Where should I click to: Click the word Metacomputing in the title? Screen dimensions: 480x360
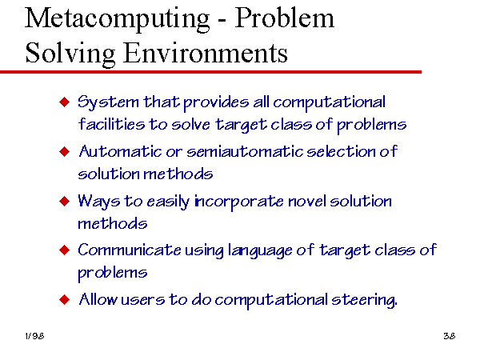[118, 19]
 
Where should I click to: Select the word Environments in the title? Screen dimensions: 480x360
[206, 53]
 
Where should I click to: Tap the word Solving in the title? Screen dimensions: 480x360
[70, 54]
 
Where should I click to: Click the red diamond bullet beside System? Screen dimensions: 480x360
[64, 102]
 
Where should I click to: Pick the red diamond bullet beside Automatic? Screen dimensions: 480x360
[64, 151]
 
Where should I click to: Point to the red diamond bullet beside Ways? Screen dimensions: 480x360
[64, 201]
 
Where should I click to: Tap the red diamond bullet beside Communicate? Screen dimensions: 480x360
[64, 250]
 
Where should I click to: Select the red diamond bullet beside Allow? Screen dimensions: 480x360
[64, 300]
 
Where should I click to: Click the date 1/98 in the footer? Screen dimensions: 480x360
[34, 336]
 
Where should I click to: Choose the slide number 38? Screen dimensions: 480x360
[450, 336]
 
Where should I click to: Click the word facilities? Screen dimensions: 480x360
[111, 124]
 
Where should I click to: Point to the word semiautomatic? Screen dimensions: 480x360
[245, 151]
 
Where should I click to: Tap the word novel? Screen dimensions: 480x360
[306, 202]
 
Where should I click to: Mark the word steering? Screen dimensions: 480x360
[364, 300]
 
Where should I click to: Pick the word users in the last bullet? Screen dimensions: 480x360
[143, 300]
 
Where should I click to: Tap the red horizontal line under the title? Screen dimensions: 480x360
[210, 72]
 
